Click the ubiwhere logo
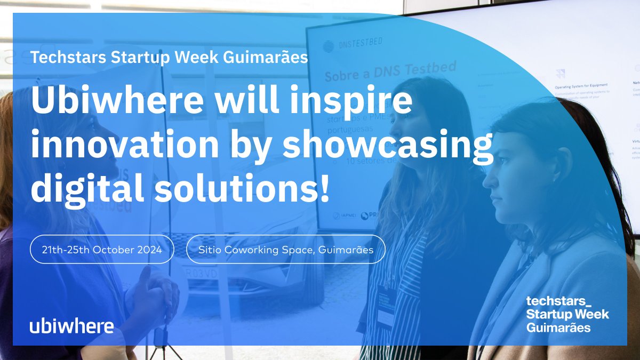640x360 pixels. (71, 326)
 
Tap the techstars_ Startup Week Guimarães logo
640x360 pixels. (567, 314)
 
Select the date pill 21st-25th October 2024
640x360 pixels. (102, 249)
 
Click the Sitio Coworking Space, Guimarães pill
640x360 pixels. (285, 249)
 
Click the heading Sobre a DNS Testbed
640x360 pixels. (390, 71)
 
